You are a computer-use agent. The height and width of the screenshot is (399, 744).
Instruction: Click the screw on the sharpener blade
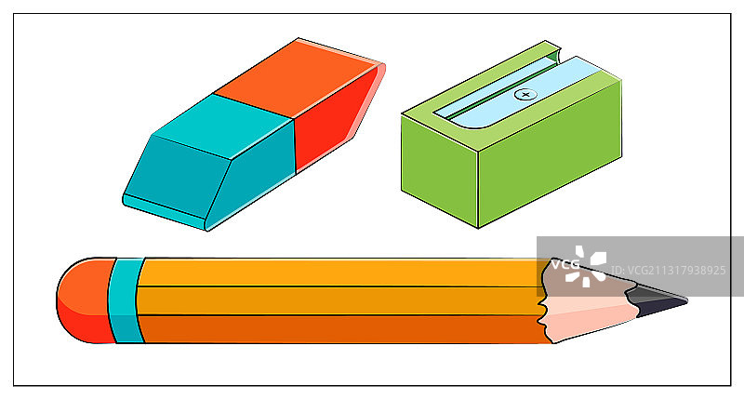click(x=525, y=95)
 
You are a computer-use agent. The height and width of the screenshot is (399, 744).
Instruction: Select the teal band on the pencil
click(x=126, y=300)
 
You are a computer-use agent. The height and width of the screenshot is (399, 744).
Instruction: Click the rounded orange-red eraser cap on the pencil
click(x=86, y=300)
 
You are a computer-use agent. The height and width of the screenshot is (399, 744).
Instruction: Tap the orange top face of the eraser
click(x=297, y=78)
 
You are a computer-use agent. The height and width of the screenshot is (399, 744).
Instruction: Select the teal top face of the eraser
click(x=223, y=126)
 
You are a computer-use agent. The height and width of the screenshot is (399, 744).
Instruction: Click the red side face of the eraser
click(x=332, y=119)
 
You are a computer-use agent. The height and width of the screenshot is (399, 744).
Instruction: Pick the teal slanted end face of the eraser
click(x=177, y=177)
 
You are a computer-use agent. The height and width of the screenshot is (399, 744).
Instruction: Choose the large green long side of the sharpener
click(x=550, y=154)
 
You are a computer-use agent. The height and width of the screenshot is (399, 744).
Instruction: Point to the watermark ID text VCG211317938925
click(x=669, y=271)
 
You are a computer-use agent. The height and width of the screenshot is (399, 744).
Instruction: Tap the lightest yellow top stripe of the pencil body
click(x=341, y=273)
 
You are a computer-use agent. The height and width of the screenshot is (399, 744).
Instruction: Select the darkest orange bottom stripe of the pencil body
click(x=341, y=329)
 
